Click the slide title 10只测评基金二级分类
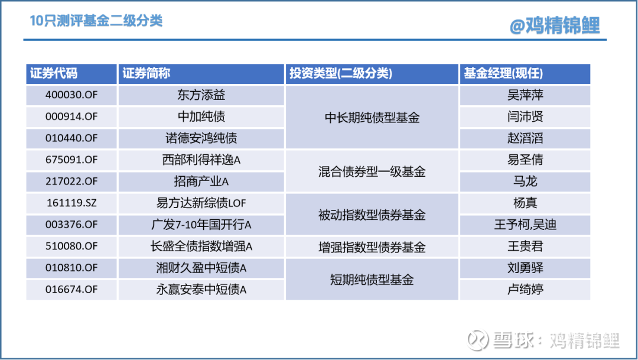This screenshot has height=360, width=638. (96, 20)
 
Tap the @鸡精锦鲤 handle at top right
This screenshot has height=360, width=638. (555, 25)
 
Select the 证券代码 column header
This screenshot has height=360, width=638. (53, 73)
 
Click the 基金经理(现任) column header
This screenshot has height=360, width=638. (503, 73)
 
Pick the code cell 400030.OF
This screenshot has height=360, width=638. (71, 95)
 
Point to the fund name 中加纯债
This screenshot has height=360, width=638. (201, 116)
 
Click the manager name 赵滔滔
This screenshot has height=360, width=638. (525, 138)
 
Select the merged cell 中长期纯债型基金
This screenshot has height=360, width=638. (372, 118)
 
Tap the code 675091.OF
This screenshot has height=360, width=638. (71, 160)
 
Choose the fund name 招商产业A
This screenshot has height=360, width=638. (201, 181)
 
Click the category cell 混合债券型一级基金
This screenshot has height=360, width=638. (372, 171)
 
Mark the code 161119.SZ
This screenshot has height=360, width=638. (71, 203)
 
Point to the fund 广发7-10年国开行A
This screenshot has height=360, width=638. (201, 225)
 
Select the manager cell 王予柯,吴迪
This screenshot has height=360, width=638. (525, 225)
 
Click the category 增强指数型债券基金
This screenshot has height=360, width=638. (372, 247)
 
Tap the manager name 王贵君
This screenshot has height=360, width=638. (525, 246)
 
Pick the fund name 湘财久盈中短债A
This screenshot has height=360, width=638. (201, 268)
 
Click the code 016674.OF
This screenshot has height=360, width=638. (71, 290)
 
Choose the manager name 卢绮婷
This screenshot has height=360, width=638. (525, 290)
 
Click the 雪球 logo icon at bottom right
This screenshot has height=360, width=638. (478, 340)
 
